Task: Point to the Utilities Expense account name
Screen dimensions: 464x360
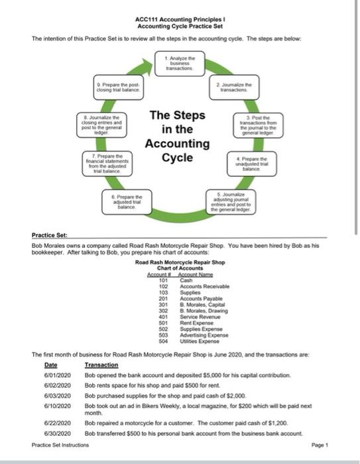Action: [x=201, y=341]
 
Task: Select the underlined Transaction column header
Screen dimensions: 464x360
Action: [x=101, y=365]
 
